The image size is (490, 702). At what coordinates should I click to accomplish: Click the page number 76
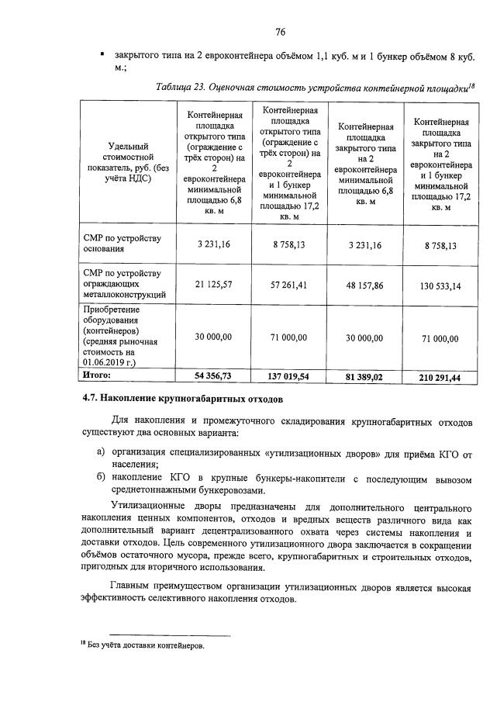(281, 32)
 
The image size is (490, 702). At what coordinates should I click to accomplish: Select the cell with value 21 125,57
(215, 285)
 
